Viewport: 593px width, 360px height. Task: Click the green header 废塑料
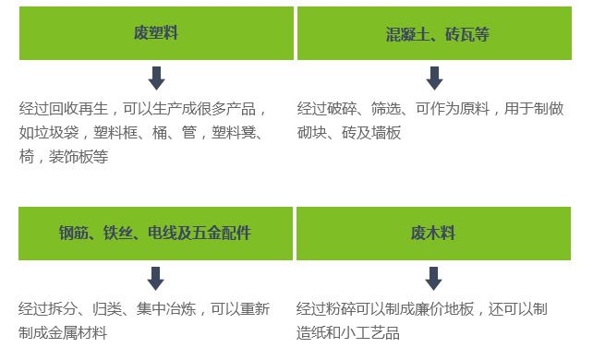click(155, 34)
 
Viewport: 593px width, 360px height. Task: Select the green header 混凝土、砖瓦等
click(437, 34)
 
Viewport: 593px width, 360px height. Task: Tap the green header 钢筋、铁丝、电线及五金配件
click(155, 233)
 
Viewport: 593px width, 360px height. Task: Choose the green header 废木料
click(433, 233)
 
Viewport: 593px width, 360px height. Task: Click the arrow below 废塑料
click(156, 78)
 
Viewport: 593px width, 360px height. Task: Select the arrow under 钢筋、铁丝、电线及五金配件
click(156, 277)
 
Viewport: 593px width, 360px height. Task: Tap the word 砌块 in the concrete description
click(312, 133)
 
